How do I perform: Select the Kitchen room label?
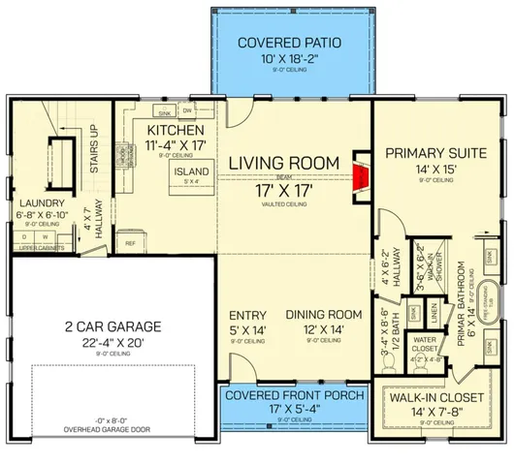click(x=175, y=131)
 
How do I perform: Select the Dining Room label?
click(x=324, y=315)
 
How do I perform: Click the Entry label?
click(x=246, y=315)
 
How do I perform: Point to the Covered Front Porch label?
click(x=294, y=395)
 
